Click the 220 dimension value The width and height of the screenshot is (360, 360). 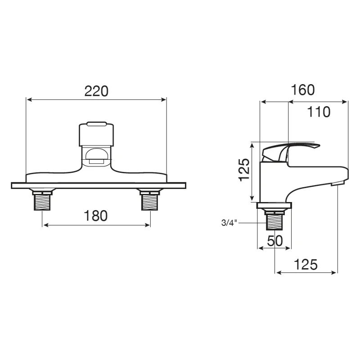tap(96, 91)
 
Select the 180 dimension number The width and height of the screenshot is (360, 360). tap(95, 216)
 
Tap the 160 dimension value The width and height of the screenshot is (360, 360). tap(302, 90)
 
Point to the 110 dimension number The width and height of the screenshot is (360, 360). tap(319, 112)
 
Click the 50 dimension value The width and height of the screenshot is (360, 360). tap(275, 241)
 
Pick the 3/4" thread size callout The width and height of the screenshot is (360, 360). tap(229, 223)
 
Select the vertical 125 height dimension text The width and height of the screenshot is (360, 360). tap(244, 170)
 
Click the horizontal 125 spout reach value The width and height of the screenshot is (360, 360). tap(306, 264)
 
